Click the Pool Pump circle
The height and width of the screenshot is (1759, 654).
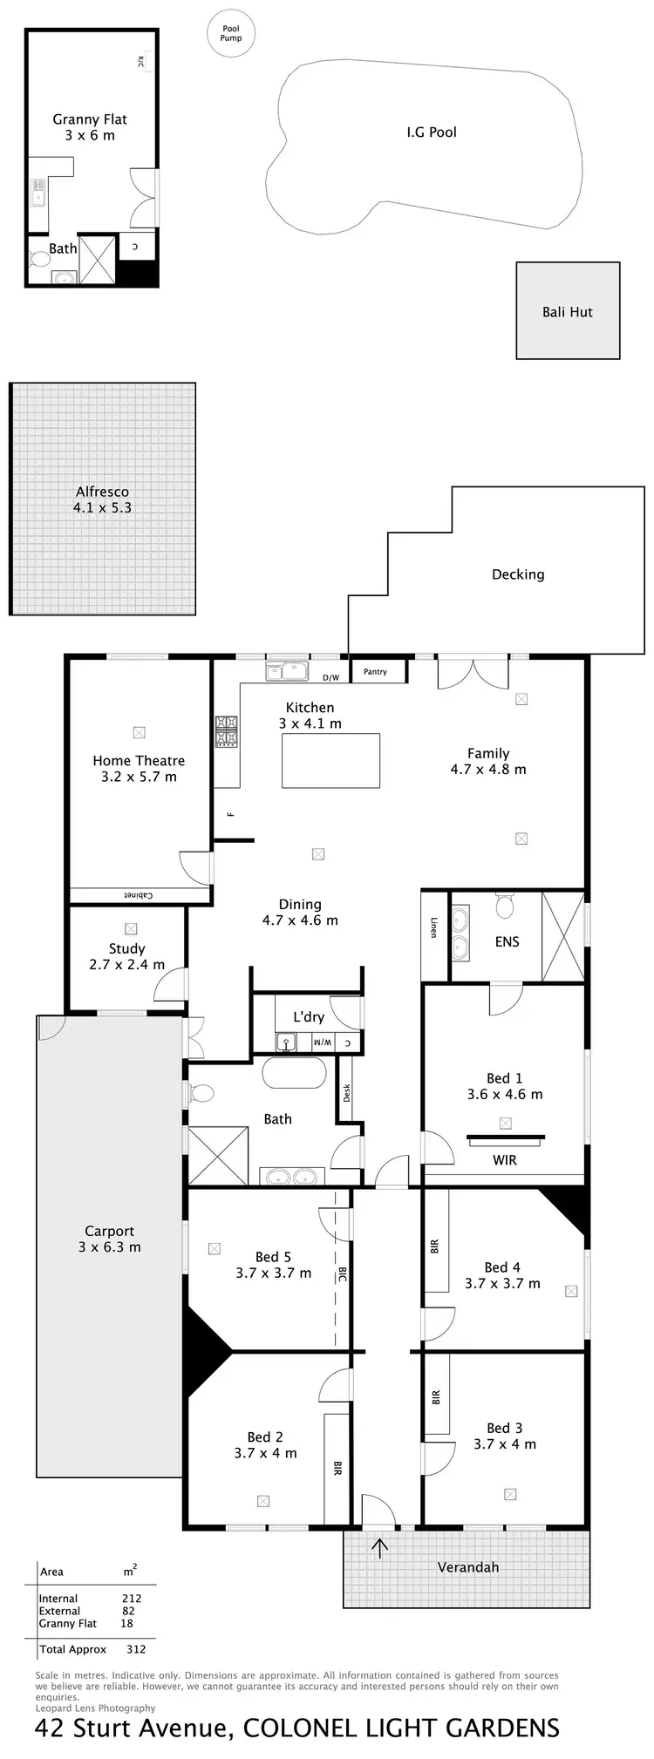pyautogui.click(x=230, y=34)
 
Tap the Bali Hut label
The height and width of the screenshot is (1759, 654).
pyautogui.click(x=567, y=311)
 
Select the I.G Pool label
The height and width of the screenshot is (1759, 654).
pyautogui.click(x=432, y=132)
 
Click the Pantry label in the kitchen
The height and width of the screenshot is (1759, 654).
pyautogui.click(x=375, y=672)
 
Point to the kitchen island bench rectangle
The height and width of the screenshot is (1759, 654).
pyautogui.click(x=330, y=761)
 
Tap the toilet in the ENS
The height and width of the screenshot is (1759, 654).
pyautogui.click(x=505, y=906)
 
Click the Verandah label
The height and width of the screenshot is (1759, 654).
pyautogui.click(x=468, y=1566)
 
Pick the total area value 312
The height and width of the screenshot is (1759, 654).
pyautogui.click(x=136, y=1648)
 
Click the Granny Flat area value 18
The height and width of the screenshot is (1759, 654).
pyautogui.click(x=127, y=1623)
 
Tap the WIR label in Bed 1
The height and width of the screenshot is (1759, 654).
pyautogui.click(x=505, y=1159)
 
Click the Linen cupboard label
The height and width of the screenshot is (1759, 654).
pyautogui.click(x=433, y=927)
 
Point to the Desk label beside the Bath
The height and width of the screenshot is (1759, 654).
pyautogui.click(x=346, y=1092)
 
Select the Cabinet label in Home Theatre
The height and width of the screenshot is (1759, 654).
pyautogui.click(x=139, y=895)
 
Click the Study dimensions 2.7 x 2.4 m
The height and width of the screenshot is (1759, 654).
pyautogui.click(x=127, y=964)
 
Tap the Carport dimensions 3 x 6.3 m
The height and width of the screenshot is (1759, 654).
pyautogui.click(x=110, y=1246)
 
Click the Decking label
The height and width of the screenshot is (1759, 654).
pyautogui.click(x=518, y=574)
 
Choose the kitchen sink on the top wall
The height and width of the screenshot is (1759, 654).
pyautogui.click(x=287, y=671)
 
